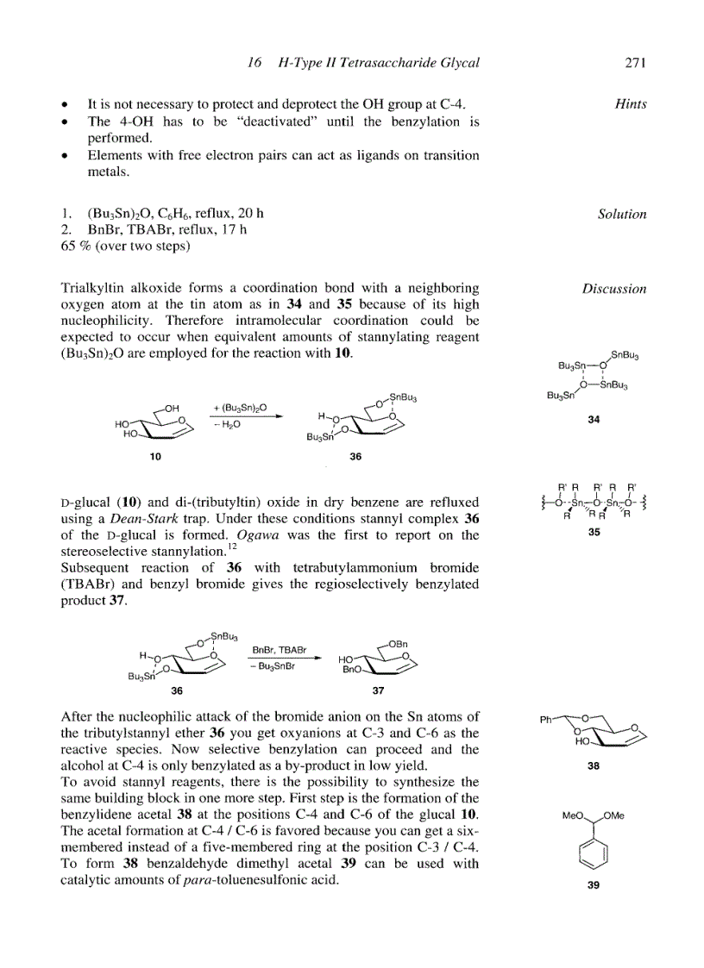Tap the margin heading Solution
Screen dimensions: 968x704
(622, 214)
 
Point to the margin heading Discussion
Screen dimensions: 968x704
(613, 289)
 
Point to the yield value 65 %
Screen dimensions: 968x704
(74, 246)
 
